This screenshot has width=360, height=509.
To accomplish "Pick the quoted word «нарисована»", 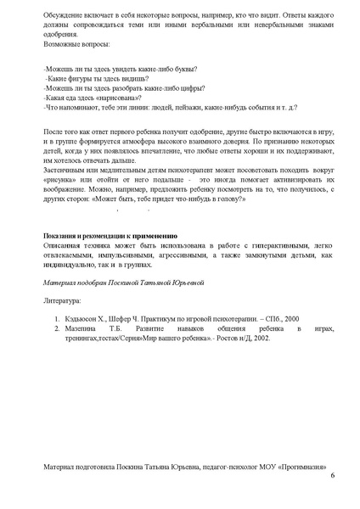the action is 111,98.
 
